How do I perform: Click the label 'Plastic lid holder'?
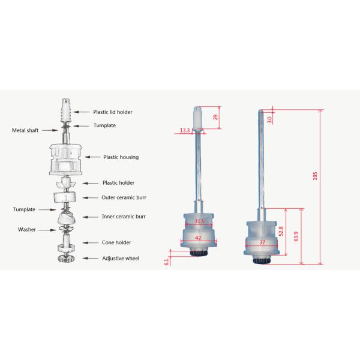[113, 112]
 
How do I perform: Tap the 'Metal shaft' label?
[25, 130]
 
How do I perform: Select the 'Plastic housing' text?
[121, 157]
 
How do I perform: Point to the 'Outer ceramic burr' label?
[124, 197]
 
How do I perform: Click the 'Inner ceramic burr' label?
[124, 217]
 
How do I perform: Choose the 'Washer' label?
[27, 230]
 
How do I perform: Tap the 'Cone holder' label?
[116, 242]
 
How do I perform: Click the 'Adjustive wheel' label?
[121, 258]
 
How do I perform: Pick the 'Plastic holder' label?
[118, 183]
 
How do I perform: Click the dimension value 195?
[315, 176]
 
